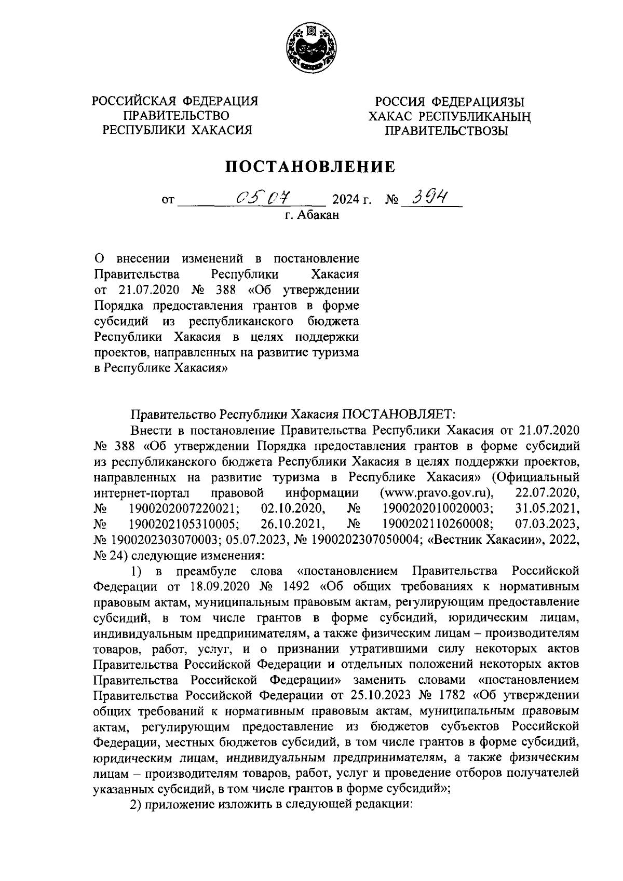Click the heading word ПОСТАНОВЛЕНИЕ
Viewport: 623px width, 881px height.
click(x=310, y=166)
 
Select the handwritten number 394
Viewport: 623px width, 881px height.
click(x=429, y=196)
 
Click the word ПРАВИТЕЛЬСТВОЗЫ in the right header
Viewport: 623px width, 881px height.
click(x=446, y=131)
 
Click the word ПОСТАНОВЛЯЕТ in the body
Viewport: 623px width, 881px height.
click(x=397, y=415)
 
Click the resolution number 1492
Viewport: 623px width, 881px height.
click(x=294, y=587)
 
